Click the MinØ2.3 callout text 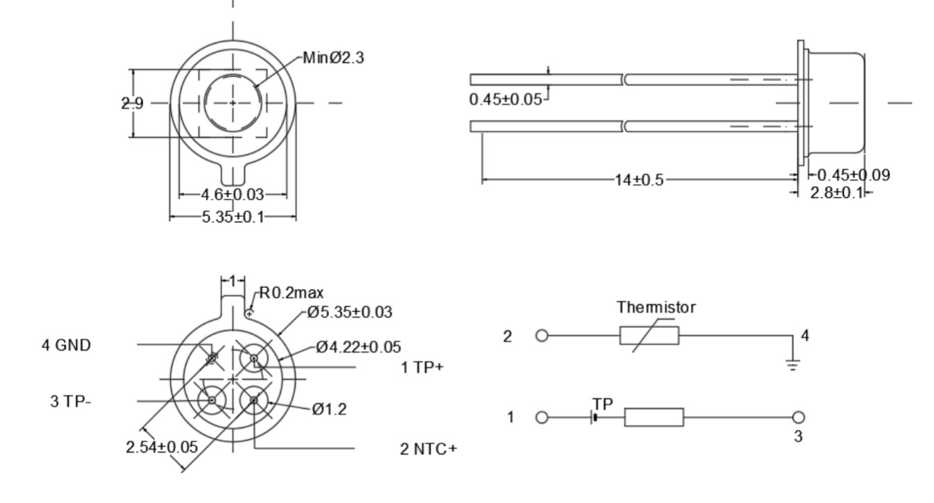[334, 58]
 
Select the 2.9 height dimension [132, 104]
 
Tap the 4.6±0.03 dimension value [223, 195]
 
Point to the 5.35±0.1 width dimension [233, 217]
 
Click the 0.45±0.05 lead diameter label [505, 99]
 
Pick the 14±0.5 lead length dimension [638, 181]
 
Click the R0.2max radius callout [291, 293]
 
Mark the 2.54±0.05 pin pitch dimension [161, 447]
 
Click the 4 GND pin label [65, 345]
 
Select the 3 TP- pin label [70, 402]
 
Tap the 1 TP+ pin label [422, 368]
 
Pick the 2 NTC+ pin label [428, 448]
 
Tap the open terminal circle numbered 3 [799, 418]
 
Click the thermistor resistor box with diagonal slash [649, 336]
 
